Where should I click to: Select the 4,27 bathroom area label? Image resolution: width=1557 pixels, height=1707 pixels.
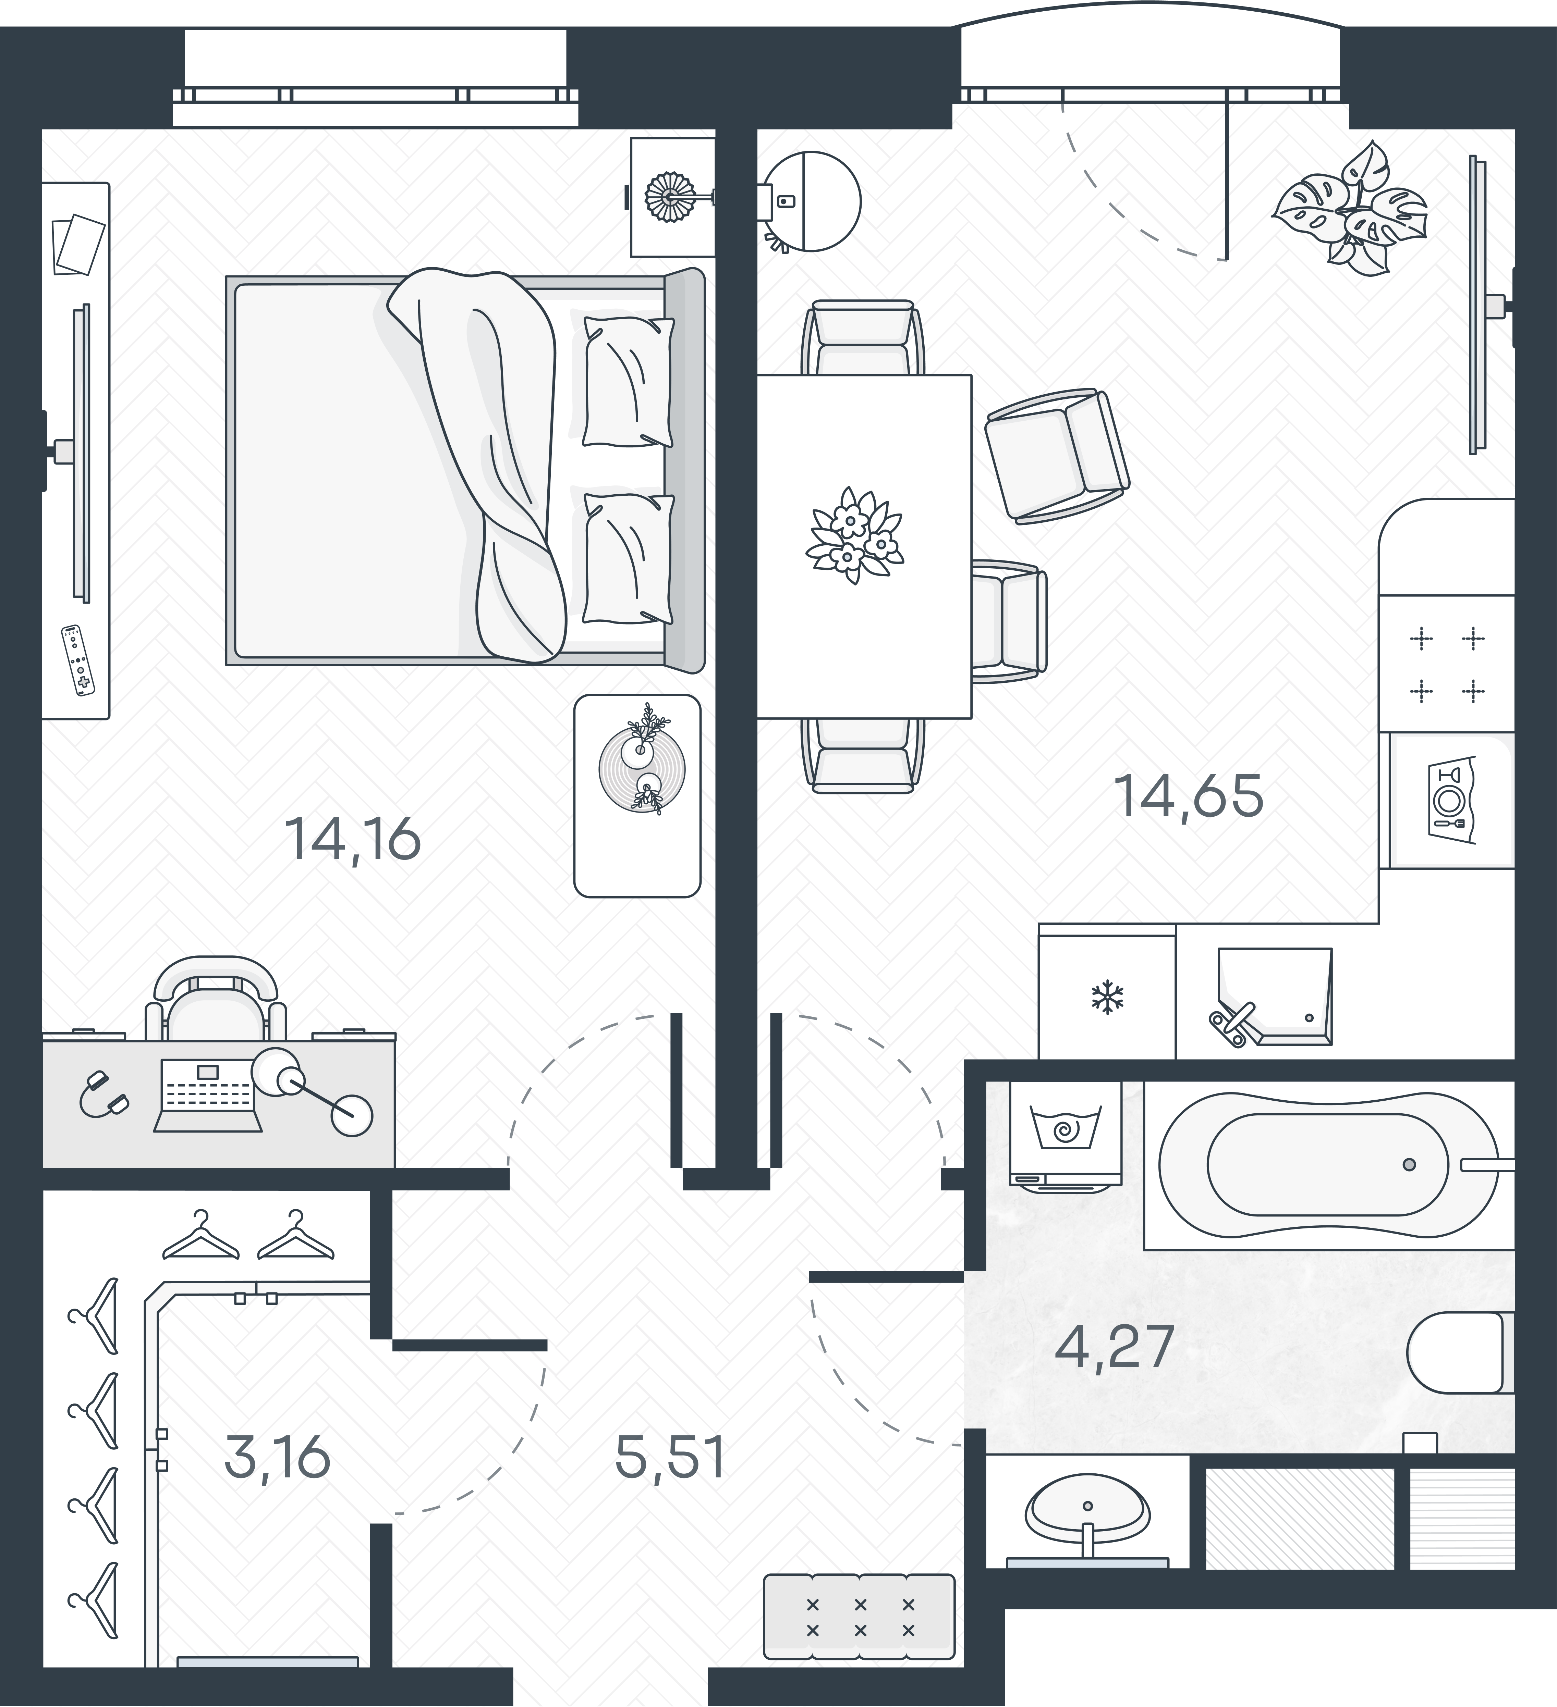pos(1114,1346)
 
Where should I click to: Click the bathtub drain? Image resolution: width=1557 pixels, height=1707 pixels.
pos(1409,1165)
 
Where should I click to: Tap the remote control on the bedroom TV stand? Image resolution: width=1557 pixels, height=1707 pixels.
pos(78,660)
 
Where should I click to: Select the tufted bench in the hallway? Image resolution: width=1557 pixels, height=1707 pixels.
pos(859,1616)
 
